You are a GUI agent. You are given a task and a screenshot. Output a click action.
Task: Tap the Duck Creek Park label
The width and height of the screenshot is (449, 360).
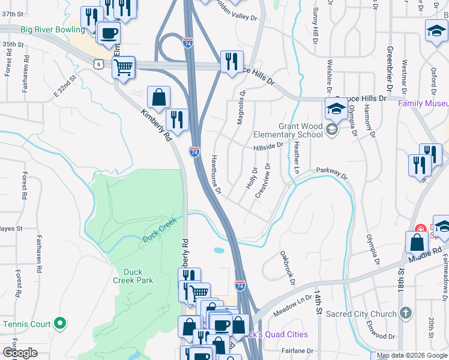[x=133, y=276]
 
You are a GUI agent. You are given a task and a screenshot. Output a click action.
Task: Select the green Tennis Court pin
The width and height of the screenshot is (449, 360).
[x=59, y=324]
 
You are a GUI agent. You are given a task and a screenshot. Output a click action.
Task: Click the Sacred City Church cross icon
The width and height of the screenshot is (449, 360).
[x=406, y=313]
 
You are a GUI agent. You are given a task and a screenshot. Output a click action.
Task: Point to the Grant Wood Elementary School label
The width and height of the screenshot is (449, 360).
[x=301, y=130]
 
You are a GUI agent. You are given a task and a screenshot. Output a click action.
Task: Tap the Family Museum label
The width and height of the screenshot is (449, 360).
[x=423, y=103]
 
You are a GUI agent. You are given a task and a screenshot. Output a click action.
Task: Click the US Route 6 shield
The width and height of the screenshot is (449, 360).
[x=97, y=63]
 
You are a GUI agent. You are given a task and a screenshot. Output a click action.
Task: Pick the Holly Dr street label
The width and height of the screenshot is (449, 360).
[x=252, y=178]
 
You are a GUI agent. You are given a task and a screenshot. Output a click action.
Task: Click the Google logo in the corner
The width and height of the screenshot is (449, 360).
[x=20, y=353]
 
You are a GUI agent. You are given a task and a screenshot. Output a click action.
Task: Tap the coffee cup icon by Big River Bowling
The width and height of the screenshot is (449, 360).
[x=109, y=34]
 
